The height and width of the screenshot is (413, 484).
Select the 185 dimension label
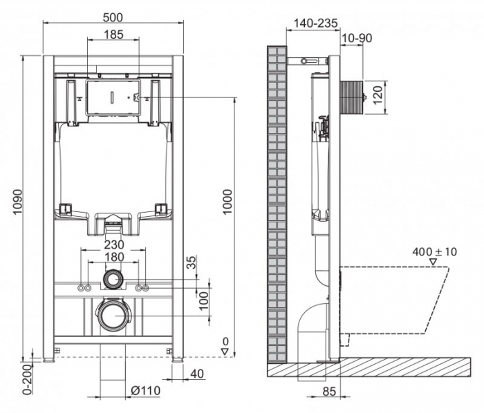point(113,34)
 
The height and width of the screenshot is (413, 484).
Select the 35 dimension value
point(192,263)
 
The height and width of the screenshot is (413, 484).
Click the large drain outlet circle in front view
point(113,316)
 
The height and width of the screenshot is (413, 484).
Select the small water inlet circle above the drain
point(113,279)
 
